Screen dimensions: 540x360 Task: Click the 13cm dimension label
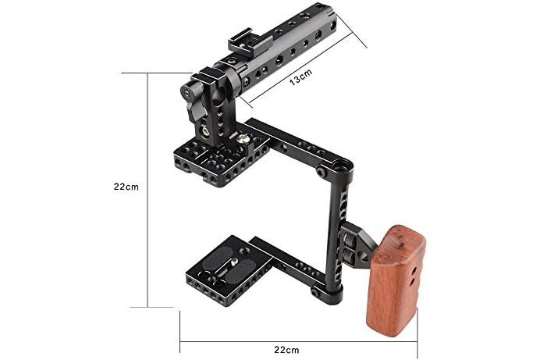[300, 77]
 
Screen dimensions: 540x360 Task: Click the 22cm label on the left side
[126, 187]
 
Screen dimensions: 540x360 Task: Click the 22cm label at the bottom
[286, 350]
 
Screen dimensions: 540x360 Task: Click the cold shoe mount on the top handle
[245, 45]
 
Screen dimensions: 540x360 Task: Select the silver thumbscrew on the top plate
[243, 138]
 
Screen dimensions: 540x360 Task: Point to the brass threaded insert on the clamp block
[205, 131]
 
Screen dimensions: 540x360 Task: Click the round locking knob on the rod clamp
[187, 92]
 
